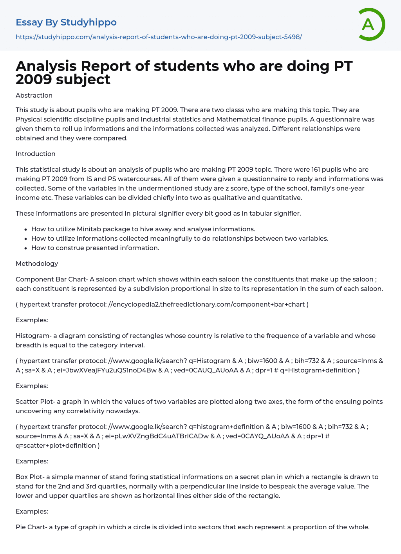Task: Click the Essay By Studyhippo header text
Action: tap(66, 22)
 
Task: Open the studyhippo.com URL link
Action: tap(159, 37)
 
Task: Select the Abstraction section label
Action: tap(34, 95)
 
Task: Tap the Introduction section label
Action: tap(36, 154)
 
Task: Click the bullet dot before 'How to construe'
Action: tap(26, 248)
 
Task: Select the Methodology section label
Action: tap(37, 263)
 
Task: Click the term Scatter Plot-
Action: tap(35, 401)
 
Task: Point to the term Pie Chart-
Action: tap(31, 527)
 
